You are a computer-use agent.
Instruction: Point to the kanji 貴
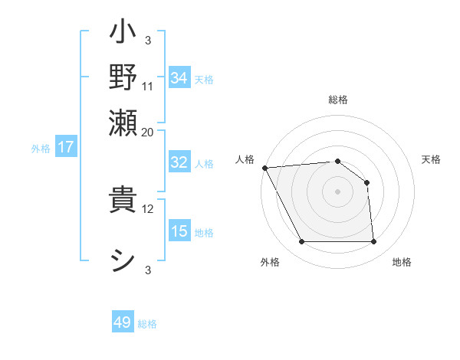123,201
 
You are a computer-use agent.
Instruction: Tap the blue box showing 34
179,78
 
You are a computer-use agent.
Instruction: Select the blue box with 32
179,162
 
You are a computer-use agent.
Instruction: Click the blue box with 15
179,231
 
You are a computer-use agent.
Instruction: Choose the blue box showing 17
66,147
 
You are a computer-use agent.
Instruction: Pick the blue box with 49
123,323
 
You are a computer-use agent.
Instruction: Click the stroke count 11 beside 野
148,85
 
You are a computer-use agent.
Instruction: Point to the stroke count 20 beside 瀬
148,131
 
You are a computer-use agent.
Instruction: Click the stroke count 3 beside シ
148,270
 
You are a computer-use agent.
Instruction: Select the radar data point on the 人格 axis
264,168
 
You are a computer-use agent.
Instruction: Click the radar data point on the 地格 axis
373,242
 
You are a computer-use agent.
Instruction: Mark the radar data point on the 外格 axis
301,242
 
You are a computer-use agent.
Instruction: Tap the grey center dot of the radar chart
337,191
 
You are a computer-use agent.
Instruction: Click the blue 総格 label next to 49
147,324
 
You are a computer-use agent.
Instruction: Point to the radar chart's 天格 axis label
431,159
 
